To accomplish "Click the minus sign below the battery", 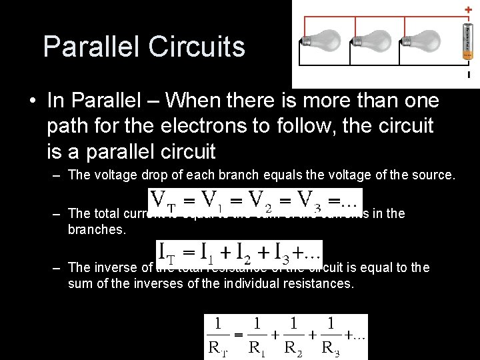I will pyautogui.click(x=469, y=75).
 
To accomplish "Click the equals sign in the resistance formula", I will pyautogui.click(x=235, y=335).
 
